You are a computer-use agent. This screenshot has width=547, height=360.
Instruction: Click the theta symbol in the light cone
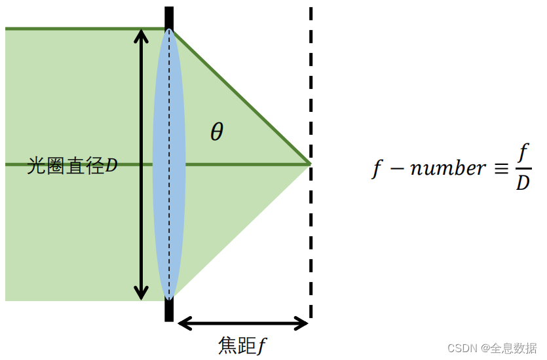(x=217, y=132)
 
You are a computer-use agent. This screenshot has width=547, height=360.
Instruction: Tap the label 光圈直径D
(x=72, y=166)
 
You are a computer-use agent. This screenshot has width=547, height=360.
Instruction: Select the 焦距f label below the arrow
(x=242, y=344)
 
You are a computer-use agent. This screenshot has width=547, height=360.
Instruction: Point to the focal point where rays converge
(x=309, y=163)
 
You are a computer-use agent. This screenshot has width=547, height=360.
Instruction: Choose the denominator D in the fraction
(x=523, y=183)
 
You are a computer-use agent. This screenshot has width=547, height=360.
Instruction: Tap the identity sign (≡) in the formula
(x=500, y=168)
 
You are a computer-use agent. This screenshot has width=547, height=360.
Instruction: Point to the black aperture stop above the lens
(x=169, y=17)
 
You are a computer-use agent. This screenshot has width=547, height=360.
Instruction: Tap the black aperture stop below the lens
(x=169, y=311)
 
